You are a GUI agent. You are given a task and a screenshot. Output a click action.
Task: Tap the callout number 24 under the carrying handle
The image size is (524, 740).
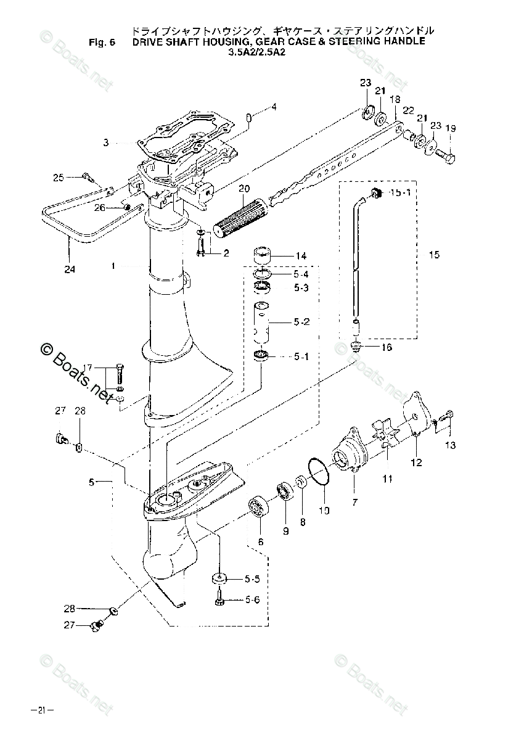(x=70, y=269)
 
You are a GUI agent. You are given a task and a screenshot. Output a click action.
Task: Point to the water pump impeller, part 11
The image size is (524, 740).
(x=387, y=433)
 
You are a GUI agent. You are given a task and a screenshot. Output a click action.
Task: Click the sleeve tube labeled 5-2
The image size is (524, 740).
(x=261, y=323)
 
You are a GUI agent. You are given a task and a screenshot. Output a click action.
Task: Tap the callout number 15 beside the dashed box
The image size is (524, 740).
(x=435, y=254)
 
